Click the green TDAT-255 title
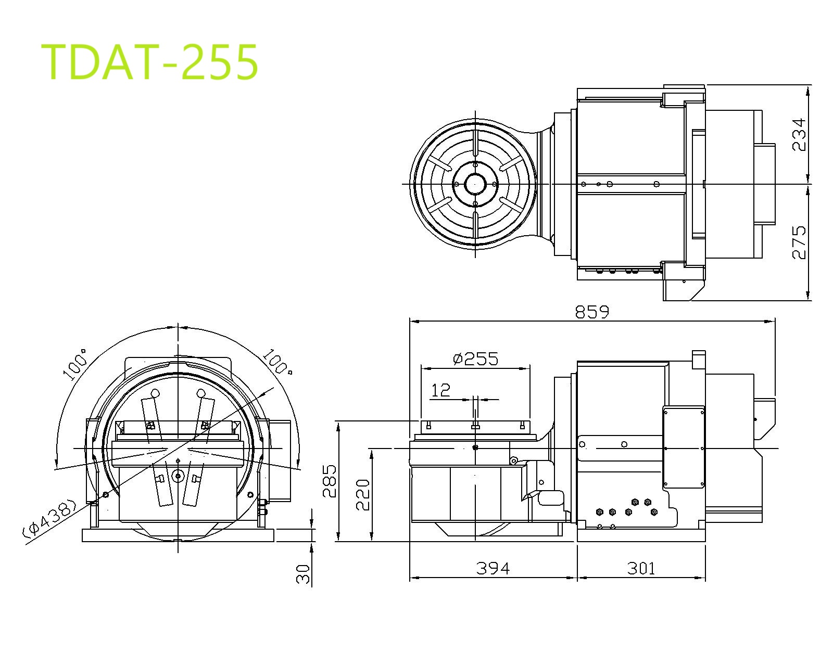click(149, 62)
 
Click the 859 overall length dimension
click(592, 312)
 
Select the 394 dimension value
click(493, 569)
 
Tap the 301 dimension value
click(641, 569)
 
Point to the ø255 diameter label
click(476, 359)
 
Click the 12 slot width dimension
click(440, 390)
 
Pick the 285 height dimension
click(330, 481)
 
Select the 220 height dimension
click(363, 495)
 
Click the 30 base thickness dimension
click(303, 574)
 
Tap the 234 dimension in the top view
click(799, 134)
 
